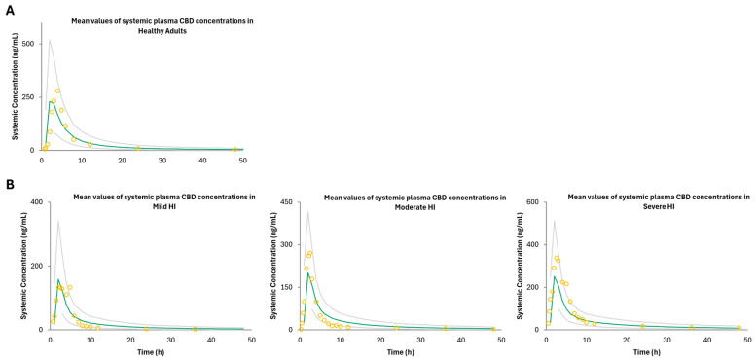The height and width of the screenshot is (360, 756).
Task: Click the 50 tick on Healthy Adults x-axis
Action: tap(243, 160)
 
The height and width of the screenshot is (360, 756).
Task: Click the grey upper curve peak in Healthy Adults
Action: tap(50, 39)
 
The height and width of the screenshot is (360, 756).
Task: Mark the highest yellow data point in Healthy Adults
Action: tap(57, 90)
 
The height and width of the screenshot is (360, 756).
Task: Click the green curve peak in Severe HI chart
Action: tap(555, 276)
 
